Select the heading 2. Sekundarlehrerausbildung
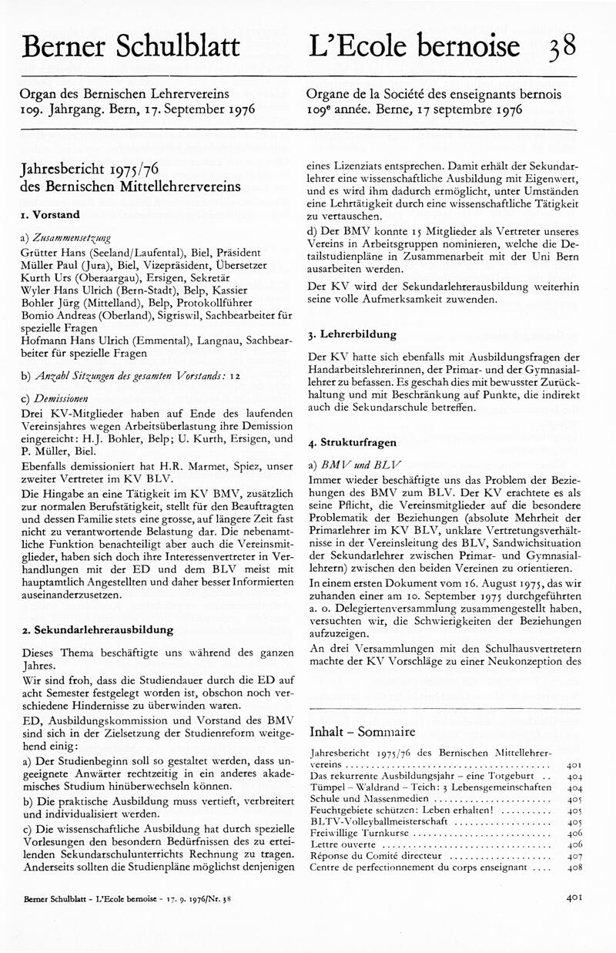pyautogui.click(x=98, y=629)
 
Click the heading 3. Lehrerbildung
pyautogui.click(x=352, y=334)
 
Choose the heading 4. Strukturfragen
pyautogui.click(x=352, y=443)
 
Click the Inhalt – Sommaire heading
pyautogui.click(x=362, y=731)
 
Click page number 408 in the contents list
pyautogui.click(x=574, y=867)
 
